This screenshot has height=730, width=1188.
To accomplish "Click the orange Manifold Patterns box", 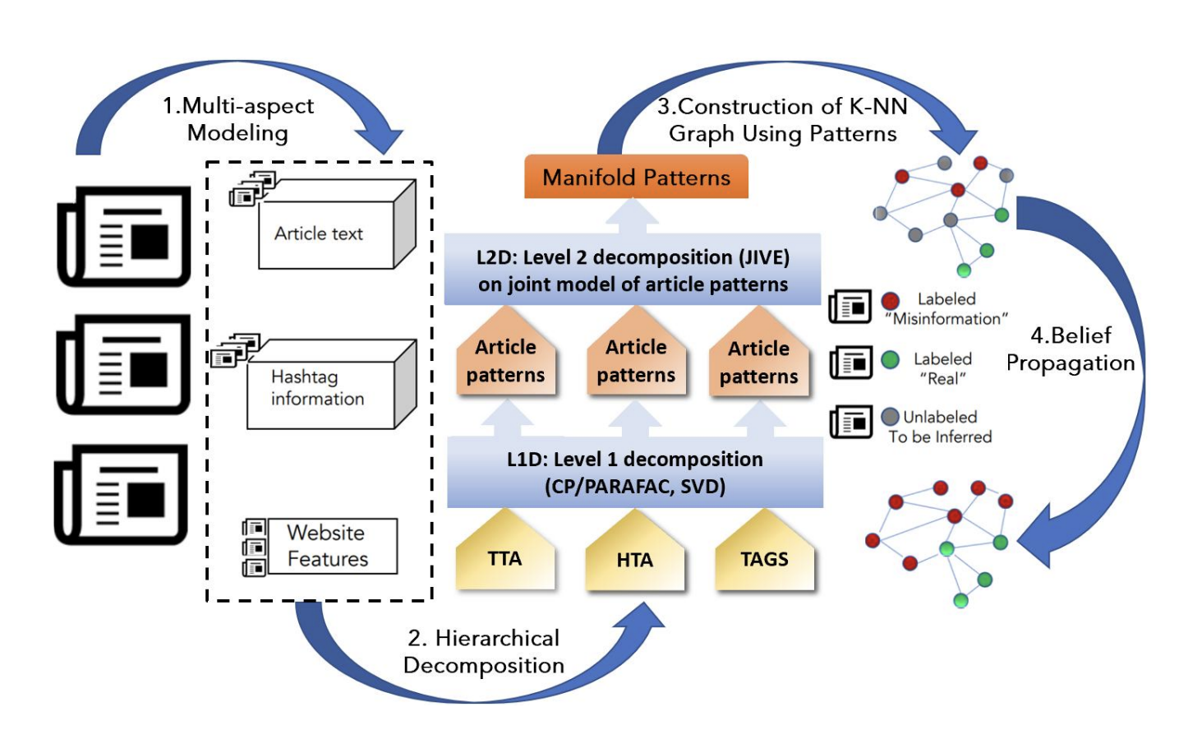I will tap(636, 177).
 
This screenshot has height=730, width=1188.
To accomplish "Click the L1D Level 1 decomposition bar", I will tap(634, 472).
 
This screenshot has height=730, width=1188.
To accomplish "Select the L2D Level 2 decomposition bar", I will tap(633, 270).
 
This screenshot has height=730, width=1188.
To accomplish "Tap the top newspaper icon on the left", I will tap(124, 237).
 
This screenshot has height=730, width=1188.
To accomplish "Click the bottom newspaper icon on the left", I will tap(122, 495).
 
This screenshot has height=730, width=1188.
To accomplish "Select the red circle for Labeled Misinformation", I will tap(890, 301).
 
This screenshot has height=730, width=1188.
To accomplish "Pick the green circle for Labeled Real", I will tap(890, 359).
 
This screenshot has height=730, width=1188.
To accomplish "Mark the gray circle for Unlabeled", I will tap(890, 417).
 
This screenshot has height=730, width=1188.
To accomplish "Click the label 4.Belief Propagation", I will tap(1071, 349).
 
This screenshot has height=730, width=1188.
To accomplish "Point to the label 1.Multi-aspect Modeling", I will tap(238, 119).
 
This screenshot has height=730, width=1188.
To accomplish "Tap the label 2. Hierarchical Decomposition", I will tap(484, 651).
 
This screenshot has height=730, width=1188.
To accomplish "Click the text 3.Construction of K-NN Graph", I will tap(782, 119).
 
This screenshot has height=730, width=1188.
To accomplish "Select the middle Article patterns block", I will tap(636, 360).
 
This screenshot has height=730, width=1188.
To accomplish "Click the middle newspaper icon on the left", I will tap(123, 365).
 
